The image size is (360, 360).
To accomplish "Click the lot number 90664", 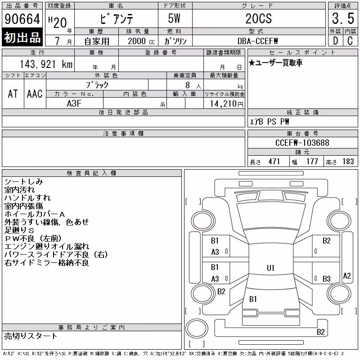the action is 22,19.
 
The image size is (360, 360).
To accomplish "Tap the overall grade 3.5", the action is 343,18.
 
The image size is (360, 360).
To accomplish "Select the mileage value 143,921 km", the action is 46,64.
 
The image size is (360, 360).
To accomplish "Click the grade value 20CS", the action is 259,18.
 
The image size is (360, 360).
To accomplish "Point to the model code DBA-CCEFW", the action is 257,41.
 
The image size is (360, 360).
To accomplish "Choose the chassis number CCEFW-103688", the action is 302,143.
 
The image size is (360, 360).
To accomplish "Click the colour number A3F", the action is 74,103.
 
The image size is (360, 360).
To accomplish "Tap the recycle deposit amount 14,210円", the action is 227,104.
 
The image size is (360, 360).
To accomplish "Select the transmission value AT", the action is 13,94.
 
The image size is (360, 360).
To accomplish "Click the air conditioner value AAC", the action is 35,94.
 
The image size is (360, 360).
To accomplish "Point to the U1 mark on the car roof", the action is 270,268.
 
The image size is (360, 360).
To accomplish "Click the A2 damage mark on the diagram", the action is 347,276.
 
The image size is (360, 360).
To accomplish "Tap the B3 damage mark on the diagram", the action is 327,279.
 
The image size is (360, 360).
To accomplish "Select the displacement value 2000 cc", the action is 141,41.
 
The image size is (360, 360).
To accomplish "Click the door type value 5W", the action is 174,18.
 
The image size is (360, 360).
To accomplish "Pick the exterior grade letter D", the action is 335,41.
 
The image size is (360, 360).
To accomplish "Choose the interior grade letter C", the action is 350,41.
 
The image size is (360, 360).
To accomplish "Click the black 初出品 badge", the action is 22,37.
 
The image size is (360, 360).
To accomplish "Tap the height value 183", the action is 348,162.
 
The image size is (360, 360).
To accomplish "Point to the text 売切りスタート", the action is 31,336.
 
